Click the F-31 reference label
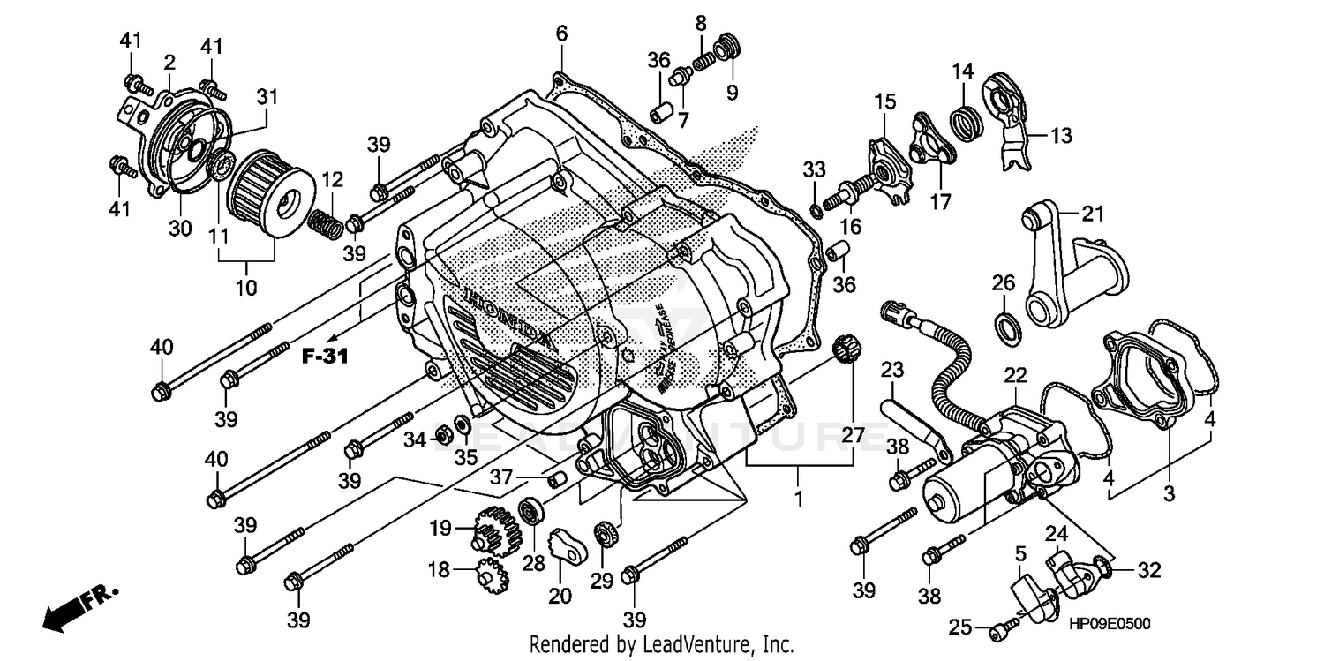324,357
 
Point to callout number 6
561,34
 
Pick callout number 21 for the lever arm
1094,213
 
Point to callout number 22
1015,375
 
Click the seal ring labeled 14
966,118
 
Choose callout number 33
813,169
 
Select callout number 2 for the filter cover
169,63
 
